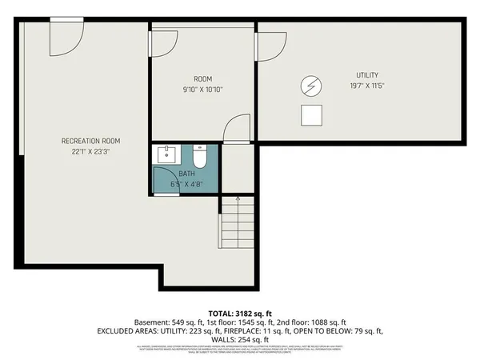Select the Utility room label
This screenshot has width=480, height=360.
click(x=367, y=75)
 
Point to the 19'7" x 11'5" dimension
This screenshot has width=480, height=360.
click(x=367, y=85)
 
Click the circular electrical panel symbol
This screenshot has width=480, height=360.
click(x=310, y=85)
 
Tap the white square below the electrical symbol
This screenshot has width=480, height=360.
click(x=311, y=115)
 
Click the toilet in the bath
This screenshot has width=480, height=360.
click(x=200, y=155)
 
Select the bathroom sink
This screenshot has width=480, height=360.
click(x=166, y=153)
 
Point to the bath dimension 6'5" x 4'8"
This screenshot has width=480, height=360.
click(x=186, y=184)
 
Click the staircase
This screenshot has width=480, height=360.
click(x=237, y=225)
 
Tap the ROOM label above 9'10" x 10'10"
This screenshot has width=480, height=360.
click(x=202, y=78)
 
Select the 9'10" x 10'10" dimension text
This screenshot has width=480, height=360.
click(x=202, y=89)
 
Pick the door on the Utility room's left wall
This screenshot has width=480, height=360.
click(x=270, y=45)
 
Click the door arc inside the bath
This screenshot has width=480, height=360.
click(x=166, y=179)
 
